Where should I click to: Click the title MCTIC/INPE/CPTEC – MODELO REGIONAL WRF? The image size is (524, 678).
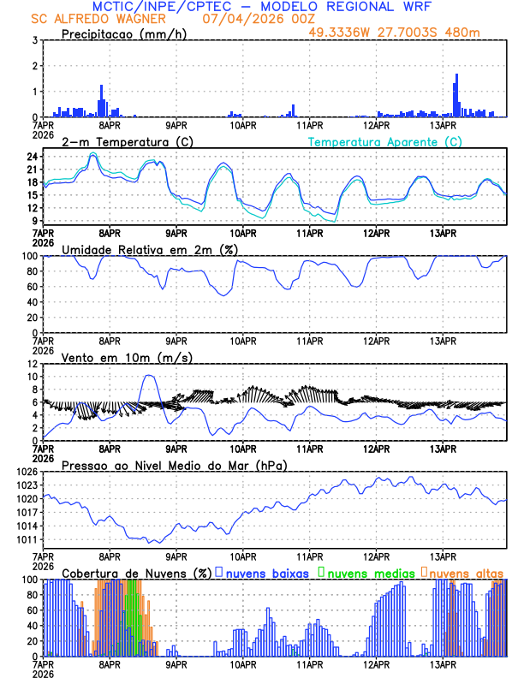pos(262,7)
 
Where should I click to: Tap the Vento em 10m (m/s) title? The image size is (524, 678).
pos(122,357)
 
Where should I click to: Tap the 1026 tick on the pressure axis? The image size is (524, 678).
pos(27,472)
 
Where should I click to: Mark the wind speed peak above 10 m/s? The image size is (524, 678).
pos(149,376)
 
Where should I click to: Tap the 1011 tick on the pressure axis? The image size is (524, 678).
pos(27,539)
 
